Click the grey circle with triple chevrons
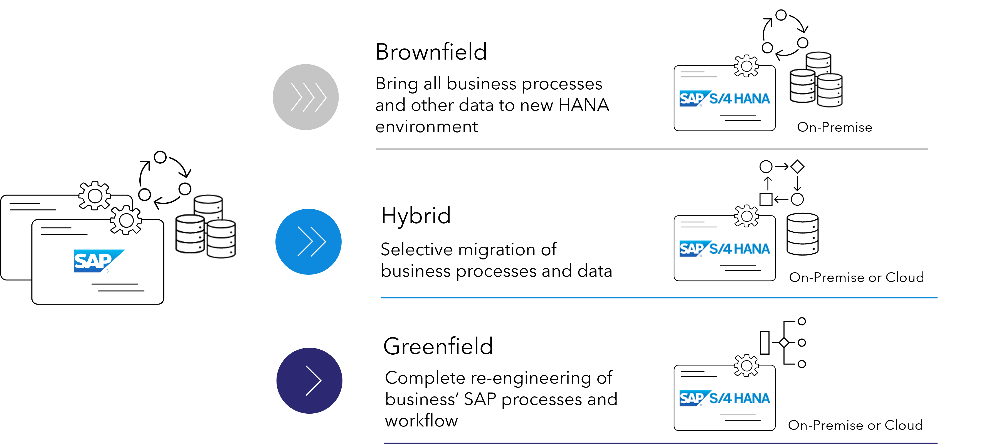pos(305,97)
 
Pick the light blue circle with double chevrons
pos(308,242)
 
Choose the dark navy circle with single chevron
pos(309,381)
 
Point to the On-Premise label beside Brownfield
pos(835,127)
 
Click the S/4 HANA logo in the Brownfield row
pos(725,99)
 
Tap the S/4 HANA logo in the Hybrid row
pos(725,249)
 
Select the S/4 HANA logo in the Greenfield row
pos(725,398)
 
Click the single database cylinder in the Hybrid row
pos(803,234)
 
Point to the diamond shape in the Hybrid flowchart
pos(798,166)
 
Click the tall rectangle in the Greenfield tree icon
pos(765,342)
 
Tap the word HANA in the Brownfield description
pos(584,105)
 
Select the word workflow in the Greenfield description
pos(421,420)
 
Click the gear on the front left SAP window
pos(126,220)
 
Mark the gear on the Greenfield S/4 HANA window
pos(746,366)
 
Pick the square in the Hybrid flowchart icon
pos(766,199)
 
